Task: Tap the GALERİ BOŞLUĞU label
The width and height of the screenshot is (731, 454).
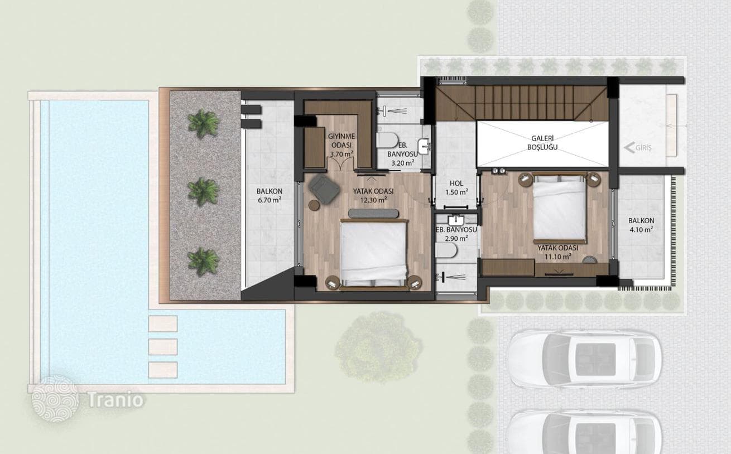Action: tap(542, 143)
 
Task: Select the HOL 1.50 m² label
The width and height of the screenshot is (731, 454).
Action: tap(456, 188)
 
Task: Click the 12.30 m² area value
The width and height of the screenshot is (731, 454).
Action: tap(373, 200)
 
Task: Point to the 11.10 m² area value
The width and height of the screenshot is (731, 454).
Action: tap(557, 257)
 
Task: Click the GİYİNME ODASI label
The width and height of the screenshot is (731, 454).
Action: tap(342, 141)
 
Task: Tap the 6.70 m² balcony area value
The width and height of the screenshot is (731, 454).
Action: tap(269, 200)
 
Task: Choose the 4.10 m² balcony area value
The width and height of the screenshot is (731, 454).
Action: tap(641, 229)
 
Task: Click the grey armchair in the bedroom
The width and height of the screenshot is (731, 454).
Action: tap(324, 189)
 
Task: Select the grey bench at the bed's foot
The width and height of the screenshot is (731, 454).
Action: tap(373, 214)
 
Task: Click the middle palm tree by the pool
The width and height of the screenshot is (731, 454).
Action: tap(204, 192)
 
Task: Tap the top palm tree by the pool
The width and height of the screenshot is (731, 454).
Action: tap(204, 124)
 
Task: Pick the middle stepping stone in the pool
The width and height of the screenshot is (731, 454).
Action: tap(163, 347)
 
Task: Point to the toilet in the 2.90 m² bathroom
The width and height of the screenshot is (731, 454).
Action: tap(446, 251)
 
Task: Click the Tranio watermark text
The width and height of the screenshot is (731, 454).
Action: tap(116, 399)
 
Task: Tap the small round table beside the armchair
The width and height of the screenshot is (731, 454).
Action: tap(314, 205)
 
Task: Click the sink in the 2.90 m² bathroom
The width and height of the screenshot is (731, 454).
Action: tap(456, 220)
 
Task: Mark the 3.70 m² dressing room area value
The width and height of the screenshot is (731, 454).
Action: tap(342, 154)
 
